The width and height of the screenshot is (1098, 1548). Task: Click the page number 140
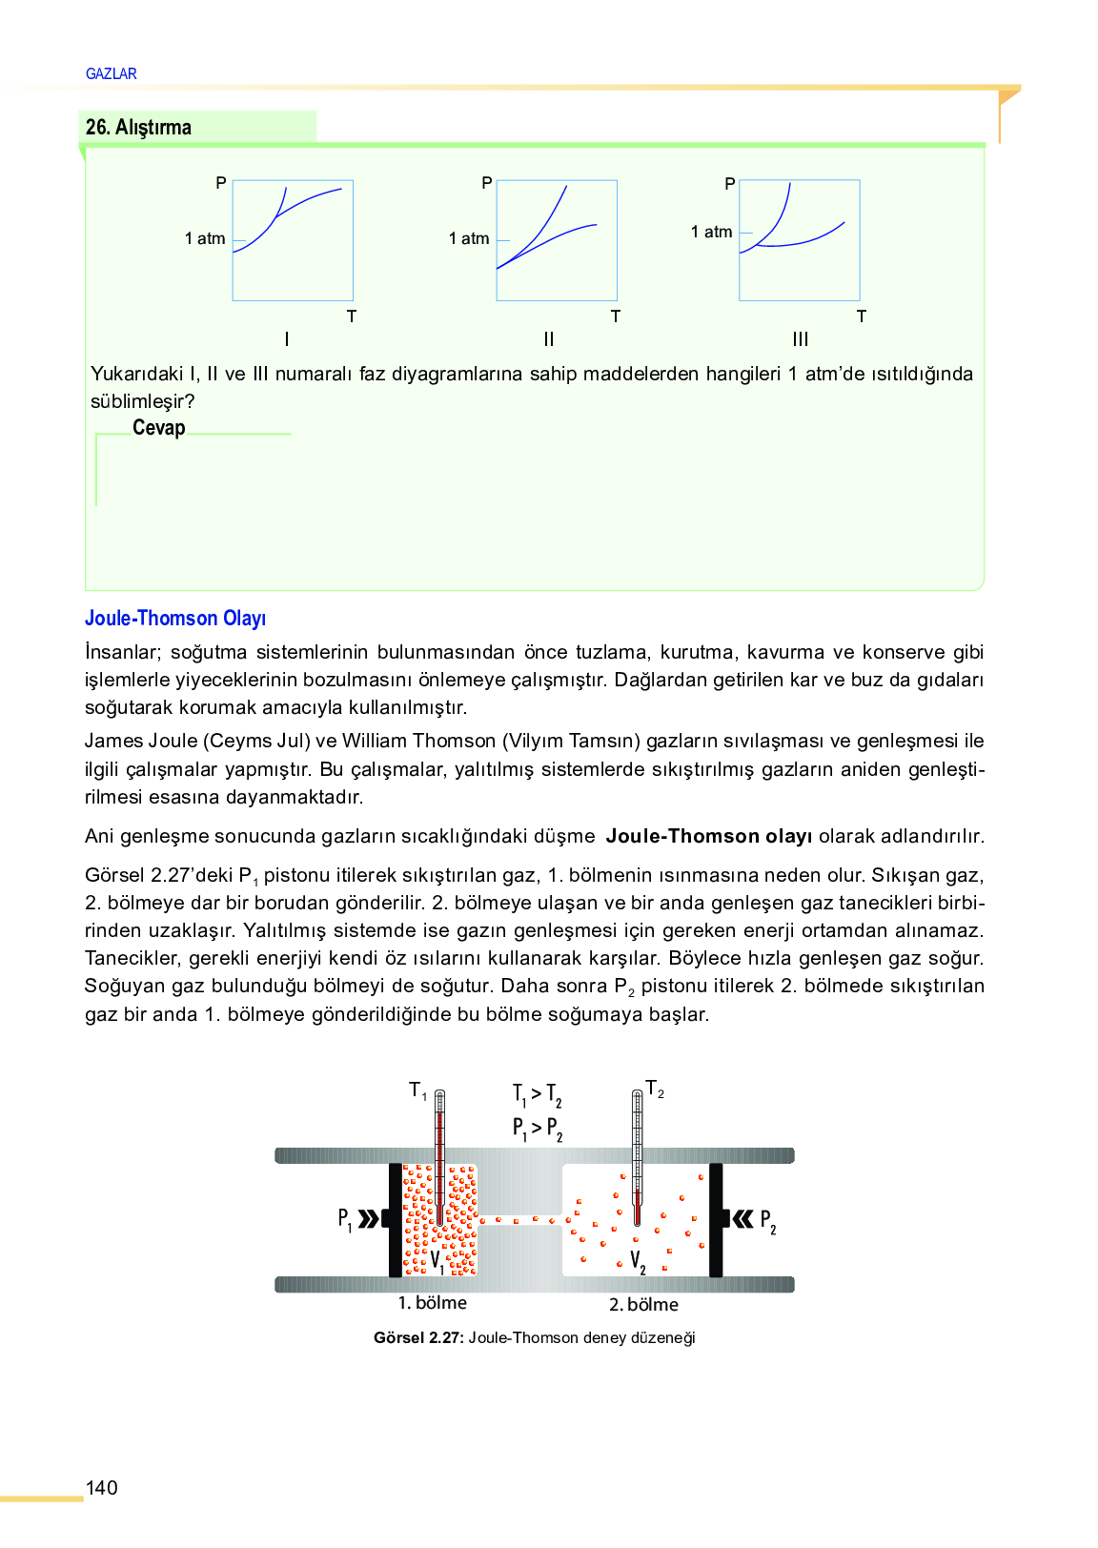point(101,1488)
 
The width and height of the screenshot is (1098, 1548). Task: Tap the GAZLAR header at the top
point(112,73)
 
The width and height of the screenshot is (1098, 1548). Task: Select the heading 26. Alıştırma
point(138,127)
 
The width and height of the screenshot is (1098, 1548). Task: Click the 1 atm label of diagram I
point(205,238)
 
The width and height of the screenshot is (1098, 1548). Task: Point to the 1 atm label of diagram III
point(711,232)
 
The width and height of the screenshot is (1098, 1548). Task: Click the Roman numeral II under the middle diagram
point(548,338)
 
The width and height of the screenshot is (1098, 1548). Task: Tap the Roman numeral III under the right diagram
point(800,338)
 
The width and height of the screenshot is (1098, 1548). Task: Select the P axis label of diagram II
point(486,183)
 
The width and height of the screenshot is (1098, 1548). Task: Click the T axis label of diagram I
point(351,316)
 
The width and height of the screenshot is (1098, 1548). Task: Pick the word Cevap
point(158,428)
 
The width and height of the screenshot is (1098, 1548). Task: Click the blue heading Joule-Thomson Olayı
point(175,618)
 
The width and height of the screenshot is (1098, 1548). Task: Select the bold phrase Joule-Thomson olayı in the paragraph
point(708,836)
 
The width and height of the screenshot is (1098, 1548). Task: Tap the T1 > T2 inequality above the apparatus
point(537,1094)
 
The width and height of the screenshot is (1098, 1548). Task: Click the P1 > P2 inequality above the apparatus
point(537,1129)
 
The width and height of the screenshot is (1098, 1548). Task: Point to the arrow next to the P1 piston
point(368,1218)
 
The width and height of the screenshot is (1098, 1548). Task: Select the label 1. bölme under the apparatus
point(432,1303)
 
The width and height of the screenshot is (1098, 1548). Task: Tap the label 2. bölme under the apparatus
point(643,1304)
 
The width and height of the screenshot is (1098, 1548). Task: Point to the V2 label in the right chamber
point(638,1263)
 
